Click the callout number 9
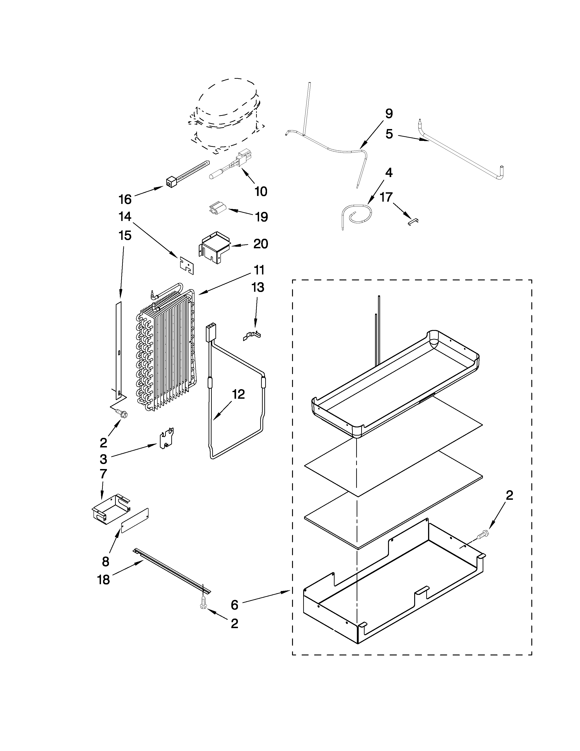click(389, 114)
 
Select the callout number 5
click(389, 134)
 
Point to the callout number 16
click(125, 199)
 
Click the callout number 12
click(238, 394)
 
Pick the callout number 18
click(104, 580)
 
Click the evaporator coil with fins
click(165, 351)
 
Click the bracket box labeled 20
click(215, 247)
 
